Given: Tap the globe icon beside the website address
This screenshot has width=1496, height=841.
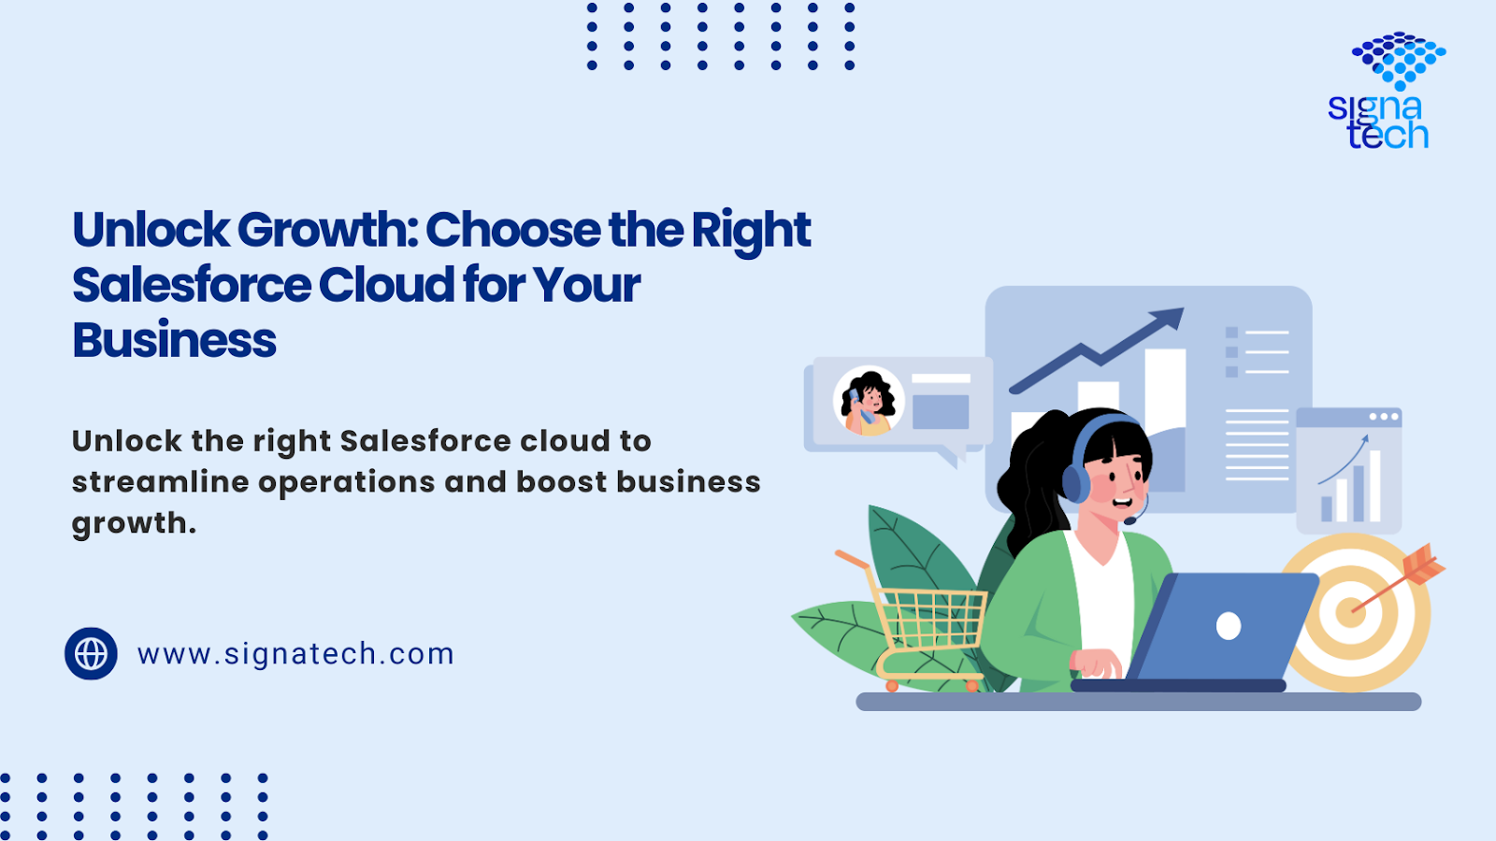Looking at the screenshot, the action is point(91,653).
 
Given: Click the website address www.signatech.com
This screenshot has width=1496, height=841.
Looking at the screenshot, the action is point(295,653).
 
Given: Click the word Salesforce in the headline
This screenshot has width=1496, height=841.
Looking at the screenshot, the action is point(192,285).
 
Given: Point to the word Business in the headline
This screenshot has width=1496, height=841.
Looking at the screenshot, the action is point(174,340).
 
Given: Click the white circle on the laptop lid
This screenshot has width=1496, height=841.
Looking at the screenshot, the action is point(1229,626).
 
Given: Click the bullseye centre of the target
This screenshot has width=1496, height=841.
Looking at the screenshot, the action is point(1350,612).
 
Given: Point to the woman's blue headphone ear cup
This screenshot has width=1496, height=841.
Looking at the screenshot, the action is point(1075,483).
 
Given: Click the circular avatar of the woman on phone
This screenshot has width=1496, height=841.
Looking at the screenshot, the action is point(869,401).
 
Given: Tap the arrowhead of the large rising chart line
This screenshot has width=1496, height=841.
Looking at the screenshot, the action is point(1168,318).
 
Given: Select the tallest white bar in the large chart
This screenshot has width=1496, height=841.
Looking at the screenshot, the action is point(1165,420).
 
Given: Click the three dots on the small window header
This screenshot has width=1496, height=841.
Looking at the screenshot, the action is point(1384,417).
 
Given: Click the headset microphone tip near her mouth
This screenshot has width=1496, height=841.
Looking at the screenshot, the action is point(1129,520).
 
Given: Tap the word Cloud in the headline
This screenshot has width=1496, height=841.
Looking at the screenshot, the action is point(386,285).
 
